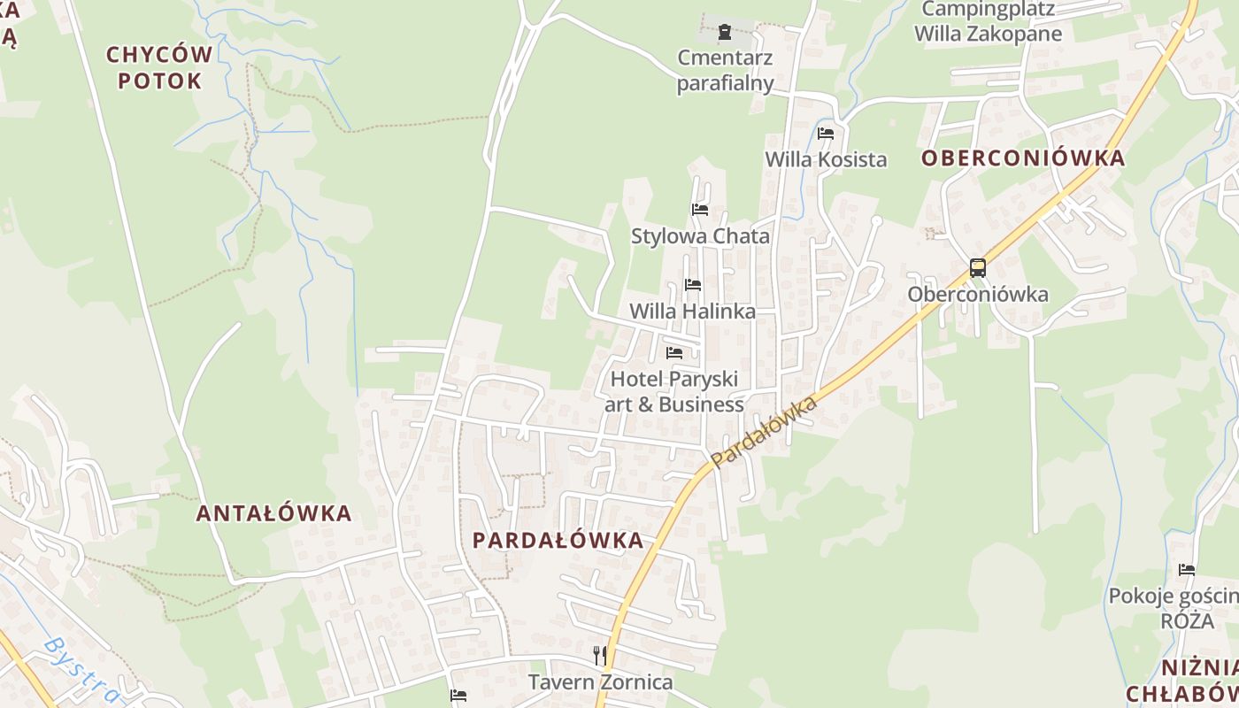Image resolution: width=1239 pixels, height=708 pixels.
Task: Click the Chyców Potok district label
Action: point(159,67)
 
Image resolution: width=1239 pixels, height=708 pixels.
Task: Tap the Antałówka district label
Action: point(273,513)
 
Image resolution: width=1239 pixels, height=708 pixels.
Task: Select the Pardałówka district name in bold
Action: point(558,541)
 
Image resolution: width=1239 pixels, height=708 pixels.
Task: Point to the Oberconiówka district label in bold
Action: point(1023,158)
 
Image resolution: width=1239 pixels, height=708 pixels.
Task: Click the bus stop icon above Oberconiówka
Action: point(978,268)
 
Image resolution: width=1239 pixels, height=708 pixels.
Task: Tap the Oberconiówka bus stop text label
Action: point(978,295)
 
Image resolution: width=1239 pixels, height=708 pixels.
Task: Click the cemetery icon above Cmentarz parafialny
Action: point(725,33)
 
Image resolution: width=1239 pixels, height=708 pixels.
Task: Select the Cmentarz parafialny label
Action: point(725,71)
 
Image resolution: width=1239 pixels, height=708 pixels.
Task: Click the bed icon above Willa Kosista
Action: point(826,134)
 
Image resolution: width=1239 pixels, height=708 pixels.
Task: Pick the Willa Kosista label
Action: point(826,160)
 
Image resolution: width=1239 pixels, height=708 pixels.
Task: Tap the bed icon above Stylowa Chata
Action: point(700,210)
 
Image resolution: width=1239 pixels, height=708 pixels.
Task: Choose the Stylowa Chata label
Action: point(700,237)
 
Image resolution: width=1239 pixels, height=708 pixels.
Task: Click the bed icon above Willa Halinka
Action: point(693,285)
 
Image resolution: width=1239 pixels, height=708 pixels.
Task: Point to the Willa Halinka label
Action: point(693,312)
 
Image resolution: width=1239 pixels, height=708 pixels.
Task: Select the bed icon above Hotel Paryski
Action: point(674,352)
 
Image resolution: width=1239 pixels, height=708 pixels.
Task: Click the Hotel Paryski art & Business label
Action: point(674,392)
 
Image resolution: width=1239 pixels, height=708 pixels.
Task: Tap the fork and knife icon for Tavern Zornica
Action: point(600,655)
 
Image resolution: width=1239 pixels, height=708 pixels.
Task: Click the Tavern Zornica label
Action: point(600,682)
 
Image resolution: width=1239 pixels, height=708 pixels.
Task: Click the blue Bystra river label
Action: point(80,669)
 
